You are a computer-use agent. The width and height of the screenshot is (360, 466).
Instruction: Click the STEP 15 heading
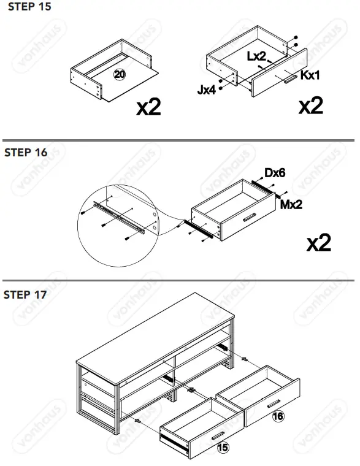[27, 7]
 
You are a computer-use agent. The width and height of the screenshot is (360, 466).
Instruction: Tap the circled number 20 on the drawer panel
[120, 75]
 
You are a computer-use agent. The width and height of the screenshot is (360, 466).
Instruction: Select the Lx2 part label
[256, 56]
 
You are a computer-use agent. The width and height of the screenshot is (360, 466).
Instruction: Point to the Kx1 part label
[310, 75]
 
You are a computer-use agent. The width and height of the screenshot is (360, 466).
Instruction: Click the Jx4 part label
[206, 90]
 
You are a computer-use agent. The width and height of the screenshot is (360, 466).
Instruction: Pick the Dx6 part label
[275, 174]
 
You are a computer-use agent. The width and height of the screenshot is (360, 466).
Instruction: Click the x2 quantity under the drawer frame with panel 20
[148, 107]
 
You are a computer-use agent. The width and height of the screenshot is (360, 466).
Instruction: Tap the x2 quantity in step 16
[318, 243]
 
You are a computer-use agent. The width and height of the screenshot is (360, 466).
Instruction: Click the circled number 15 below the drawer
[223, 448]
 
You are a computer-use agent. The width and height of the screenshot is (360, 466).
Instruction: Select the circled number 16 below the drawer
[278, 416]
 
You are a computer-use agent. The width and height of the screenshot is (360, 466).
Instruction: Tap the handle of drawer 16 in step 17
[274, 402]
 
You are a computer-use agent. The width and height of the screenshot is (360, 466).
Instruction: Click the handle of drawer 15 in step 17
[218, 436]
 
